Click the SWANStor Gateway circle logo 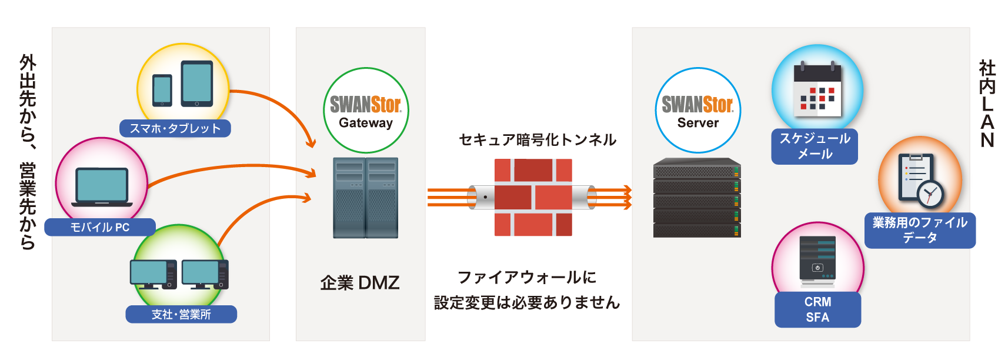pos(366,111)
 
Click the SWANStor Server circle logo pos(697,111)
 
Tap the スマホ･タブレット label pos(175,129)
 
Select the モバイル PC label pos(100,227)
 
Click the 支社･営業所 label pos(181,314)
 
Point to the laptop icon pos(102,187)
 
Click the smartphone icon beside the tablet pos(162,90)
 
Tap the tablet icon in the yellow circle pos(197,84)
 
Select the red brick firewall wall pos(533,198)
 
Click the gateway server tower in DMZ pos(366,198)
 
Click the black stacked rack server pos(697,198)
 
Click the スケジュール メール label pos(815,146)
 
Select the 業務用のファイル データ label pos(920,230)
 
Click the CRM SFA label pos(817,309)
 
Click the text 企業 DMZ pos(360,283)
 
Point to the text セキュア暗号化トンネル pos(538,140)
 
